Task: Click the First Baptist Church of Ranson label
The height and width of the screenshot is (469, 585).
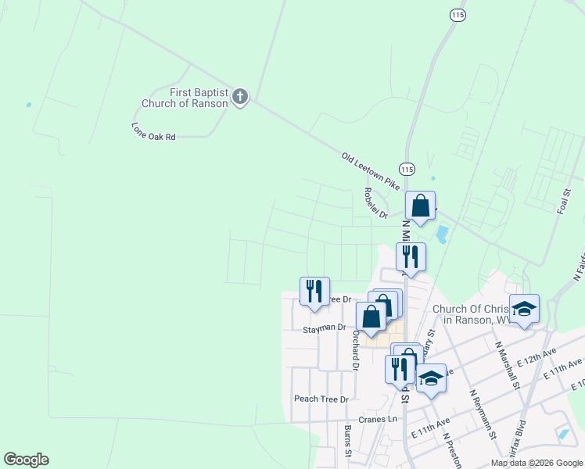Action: [185, 98]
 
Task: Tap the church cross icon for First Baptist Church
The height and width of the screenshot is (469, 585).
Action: [240, 98]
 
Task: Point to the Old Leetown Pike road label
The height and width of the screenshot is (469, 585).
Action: [371, 170]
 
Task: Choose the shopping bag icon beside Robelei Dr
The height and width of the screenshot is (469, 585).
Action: [421, 206]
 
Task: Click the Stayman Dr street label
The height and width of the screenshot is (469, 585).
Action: [325, 328]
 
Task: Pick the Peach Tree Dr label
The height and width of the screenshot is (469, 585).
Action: [321, 399]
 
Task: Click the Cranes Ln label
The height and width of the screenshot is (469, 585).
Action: [379, 419]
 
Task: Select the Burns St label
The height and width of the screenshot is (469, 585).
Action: [348, 442]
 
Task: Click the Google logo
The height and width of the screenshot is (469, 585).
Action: [26, 460]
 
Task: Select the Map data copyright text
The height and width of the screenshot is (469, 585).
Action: [537, 463]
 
